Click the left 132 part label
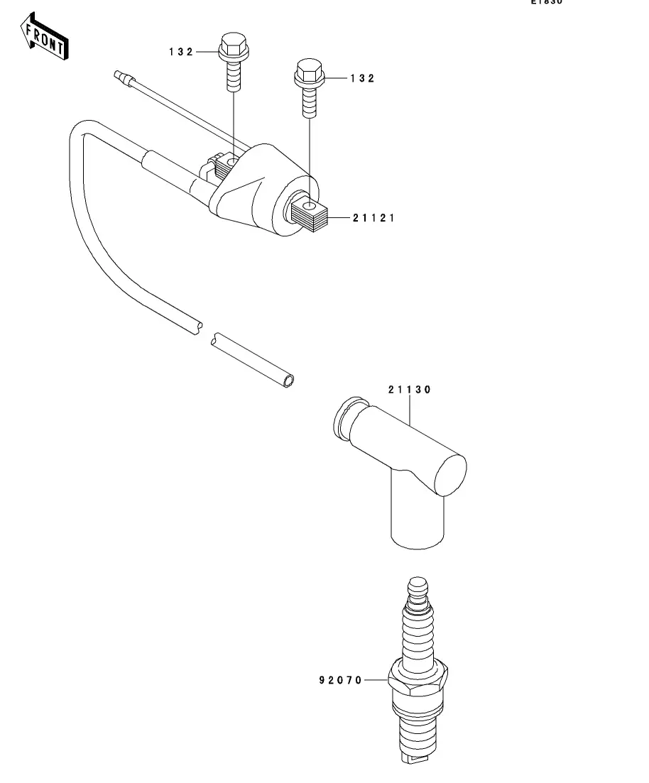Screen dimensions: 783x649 click(181, 52)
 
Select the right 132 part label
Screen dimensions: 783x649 click(362, 79)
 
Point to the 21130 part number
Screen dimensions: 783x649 click(410, 390)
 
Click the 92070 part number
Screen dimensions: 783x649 click(340, 680)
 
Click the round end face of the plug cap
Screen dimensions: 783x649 click(449, 476)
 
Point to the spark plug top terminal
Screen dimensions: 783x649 click(418, 588)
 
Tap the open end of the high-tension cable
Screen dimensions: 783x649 click(288, 381)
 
